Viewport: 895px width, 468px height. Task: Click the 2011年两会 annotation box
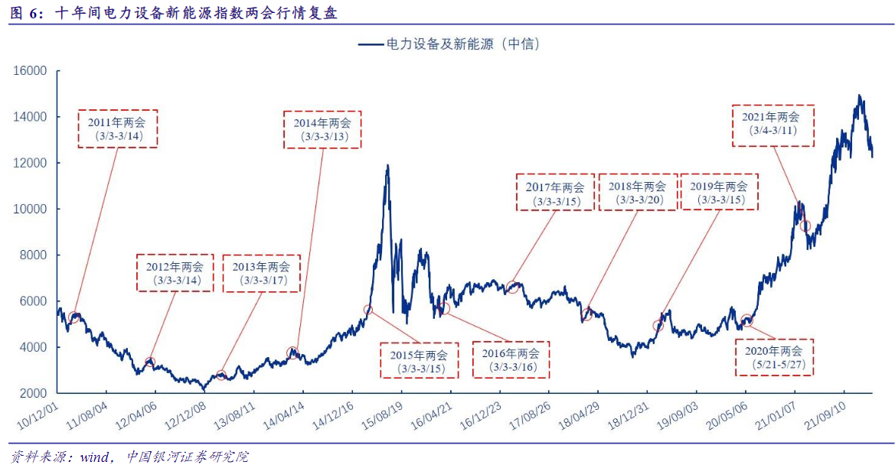[117, 128]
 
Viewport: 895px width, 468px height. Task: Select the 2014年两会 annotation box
[322, 128]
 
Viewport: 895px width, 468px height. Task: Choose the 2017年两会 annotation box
[554, 193]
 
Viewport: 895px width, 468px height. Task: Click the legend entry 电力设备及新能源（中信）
[450, 44]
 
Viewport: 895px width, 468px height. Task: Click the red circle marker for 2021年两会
[805, 226]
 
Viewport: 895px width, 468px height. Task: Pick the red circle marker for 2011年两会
[73, 317]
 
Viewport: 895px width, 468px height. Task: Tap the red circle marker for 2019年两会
[658, 326]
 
